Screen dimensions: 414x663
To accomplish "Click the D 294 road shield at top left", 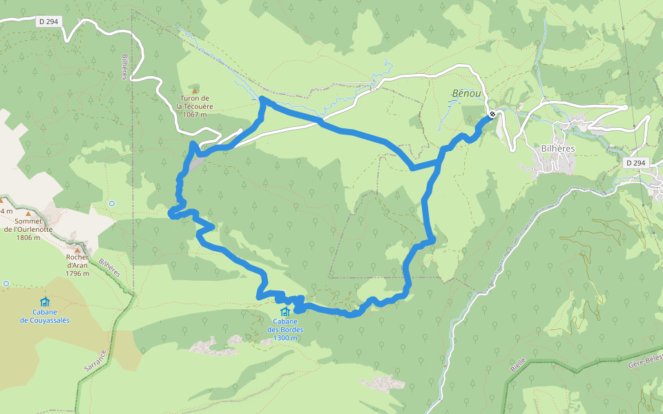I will click(x=49, y=21).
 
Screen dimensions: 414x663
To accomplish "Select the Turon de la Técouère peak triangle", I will click(x=195, y=90).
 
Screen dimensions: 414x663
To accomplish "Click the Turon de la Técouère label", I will click(x=194, y=103).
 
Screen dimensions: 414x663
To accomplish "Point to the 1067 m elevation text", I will click(x=194, y=115).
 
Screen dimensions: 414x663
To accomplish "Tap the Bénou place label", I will click(x=465, y=92).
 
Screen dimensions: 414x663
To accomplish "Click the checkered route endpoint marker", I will click(x=492, y=114).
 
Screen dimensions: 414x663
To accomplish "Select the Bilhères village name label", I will click(x=558, y=148).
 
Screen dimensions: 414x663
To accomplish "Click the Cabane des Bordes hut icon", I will click(x=285, y=311).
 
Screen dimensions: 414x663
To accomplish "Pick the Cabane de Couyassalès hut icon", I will click(x=45, y=302).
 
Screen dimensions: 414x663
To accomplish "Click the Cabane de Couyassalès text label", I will click(x=45, y=316).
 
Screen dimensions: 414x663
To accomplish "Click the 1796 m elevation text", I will click(x=77, y=273).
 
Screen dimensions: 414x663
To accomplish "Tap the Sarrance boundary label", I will click(x=97, y=363).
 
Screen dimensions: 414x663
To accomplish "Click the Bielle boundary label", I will click(x=518, y=365).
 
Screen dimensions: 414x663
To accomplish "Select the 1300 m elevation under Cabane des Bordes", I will click(x=285, y=338).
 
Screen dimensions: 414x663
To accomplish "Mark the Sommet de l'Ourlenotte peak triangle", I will click(x=28, y=213).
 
